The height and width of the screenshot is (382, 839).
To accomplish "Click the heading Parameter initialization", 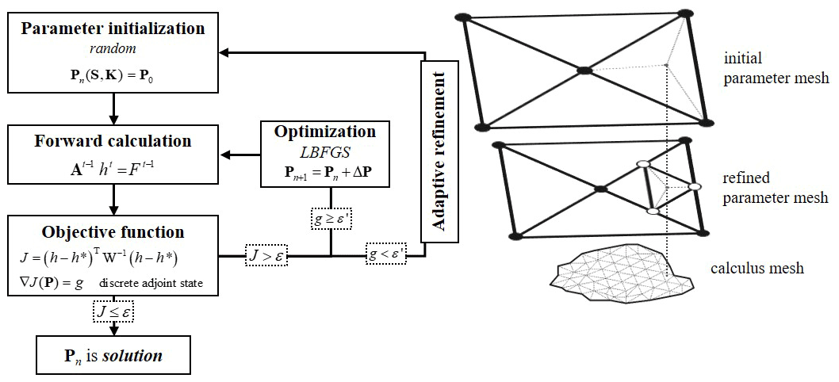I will pos(113,29).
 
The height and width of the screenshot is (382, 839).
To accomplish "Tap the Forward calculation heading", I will pos(113,141).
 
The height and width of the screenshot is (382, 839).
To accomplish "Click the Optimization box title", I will pos(324,132).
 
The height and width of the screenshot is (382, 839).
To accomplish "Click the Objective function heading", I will pos(113,232).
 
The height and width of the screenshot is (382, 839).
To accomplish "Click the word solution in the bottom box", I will pos(135,356).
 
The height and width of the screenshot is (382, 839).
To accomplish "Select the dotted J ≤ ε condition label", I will pos(113,312).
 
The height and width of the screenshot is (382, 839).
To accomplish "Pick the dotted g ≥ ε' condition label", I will pos(331,216).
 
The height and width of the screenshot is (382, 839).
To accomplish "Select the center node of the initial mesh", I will pos(584,71).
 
